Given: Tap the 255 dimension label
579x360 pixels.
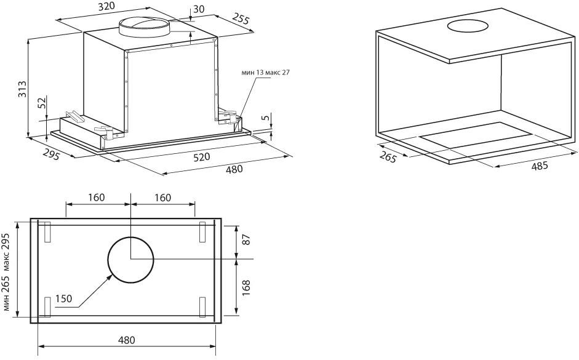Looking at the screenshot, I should pos(241,19).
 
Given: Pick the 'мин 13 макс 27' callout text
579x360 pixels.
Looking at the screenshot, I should pos(266,73).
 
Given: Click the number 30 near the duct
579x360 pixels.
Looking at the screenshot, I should pos(199,9).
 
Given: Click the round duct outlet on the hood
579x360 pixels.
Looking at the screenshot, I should pos(143,26).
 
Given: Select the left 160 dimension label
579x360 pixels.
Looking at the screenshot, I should pos(97,198).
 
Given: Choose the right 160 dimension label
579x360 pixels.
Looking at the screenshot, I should pos(163,198).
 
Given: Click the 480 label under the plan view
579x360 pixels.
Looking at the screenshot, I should pos(126,340).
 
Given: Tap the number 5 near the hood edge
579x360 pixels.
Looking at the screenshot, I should pos(263,118).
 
